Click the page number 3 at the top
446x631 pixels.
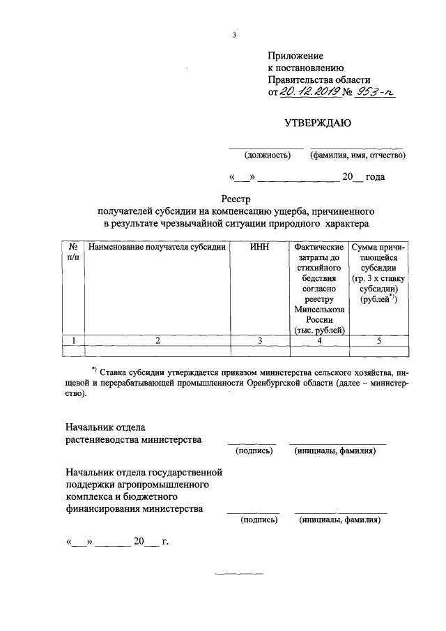[234, 35]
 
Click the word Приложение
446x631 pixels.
[295, 55]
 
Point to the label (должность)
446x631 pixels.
[267, 155]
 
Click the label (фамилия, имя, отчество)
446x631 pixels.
[357, 155]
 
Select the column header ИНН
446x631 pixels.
[259, 247]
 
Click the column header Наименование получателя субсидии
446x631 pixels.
[157, 247]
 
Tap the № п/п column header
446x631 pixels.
[72, 252]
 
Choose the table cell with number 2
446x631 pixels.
[157, 340]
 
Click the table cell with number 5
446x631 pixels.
[379, 340]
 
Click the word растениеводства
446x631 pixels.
[102, 440]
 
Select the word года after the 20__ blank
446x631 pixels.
[375, 177]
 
